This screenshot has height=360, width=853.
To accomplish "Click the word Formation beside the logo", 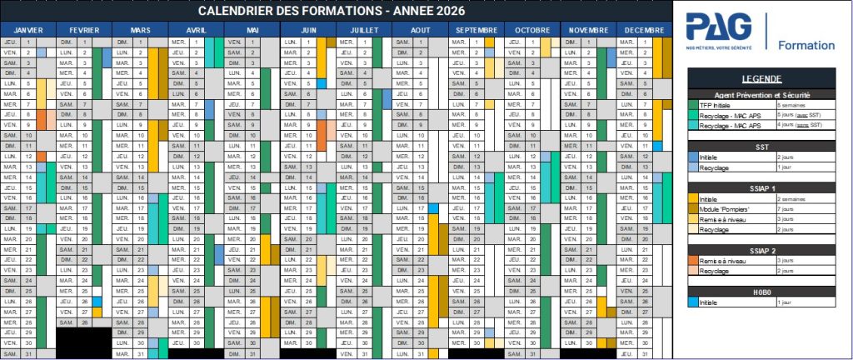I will [x=806, y=45].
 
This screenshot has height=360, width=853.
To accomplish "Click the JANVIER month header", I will [x=27, y=30].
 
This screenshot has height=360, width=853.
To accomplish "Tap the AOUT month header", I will [x=420, y=30].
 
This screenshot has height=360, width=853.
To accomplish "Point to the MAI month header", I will [x=252, y=30].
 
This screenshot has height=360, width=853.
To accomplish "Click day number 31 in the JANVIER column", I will [x=28, y=353].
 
